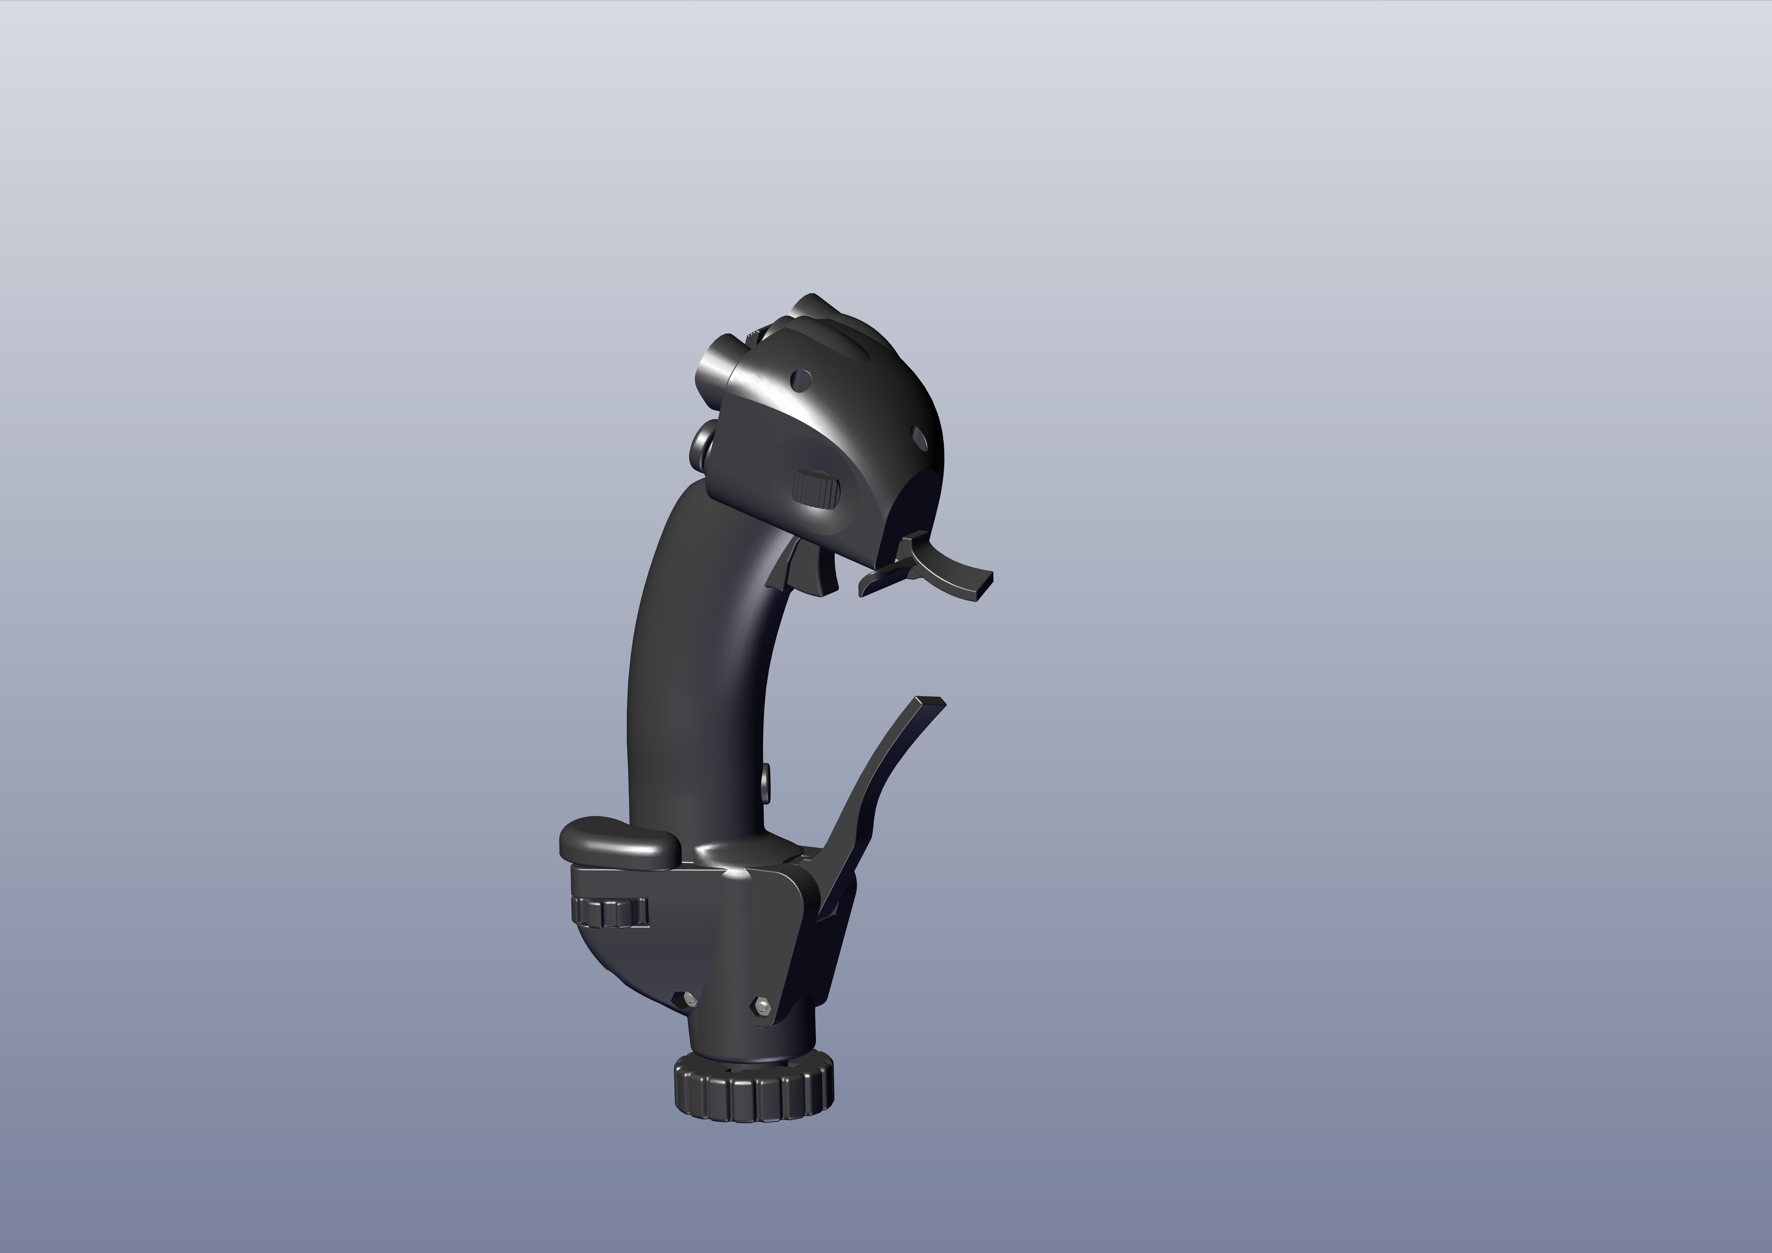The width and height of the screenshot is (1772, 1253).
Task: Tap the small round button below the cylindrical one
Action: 703,446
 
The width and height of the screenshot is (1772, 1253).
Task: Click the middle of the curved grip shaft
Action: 698,679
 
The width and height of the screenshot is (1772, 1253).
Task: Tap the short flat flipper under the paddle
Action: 880,581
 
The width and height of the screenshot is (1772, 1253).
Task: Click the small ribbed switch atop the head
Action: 752,336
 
